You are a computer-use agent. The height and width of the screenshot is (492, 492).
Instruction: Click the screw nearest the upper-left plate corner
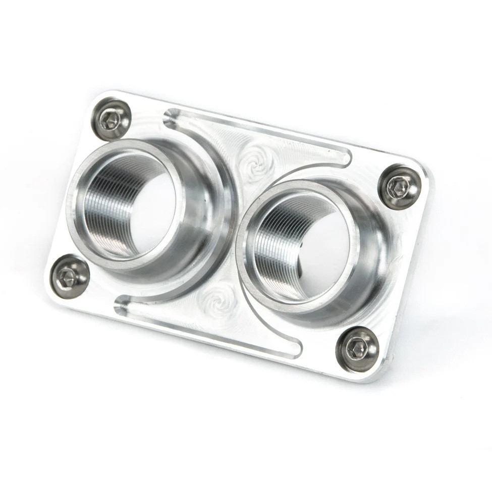[111, 120]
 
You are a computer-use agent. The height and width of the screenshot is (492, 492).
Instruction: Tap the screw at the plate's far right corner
[400, 187]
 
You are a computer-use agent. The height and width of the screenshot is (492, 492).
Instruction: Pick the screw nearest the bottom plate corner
[358, 348]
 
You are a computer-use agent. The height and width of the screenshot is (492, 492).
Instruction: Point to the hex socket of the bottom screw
[357, 348]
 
